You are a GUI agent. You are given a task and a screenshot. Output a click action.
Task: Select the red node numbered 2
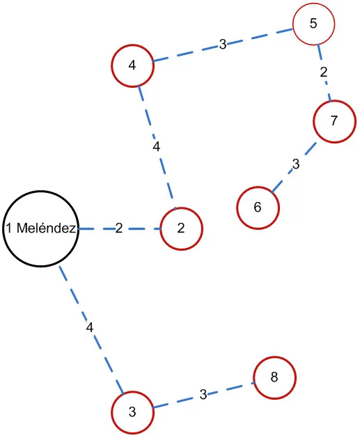point(181,228)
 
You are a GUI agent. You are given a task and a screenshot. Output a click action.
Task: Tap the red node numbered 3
point(132,412)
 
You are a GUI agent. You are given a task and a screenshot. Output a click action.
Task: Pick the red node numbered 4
point(132,66)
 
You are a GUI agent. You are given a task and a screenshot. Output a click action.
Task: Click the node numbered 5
point(313,24)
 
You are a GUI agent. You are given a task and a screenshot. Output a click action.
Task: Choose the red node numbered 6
point(258,208)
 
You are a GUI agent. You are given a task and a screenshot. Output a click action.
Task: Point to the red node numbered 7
point(334,120)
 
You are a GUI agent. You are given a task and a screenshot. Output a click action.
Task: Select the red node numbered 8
point(274,377)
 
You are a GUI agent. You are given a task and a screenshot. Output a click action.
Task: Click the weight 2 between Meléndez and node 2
point(119,228)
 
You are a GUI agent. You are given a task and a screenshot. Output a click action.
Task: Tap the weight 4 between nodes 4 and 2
point(156,146)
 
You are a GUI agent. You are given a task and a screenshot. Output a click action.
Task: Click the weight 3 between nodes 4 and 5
point(222,45)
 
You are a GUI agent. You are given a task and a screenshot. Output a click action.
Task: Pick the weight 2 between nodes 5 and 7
point(324,72)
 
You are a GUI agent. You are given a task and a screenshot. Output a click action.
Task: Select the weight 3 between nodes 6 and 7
point(296,165)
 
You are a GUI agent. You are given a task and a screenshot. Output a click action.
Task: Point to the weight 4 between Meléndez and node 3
point(89,327)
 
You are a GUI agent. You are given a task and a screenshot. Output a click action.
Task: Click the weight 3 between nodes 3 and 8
point(203,395)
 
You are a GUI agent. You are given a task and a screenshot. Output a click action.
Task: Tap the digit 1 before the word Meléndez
point(8,229)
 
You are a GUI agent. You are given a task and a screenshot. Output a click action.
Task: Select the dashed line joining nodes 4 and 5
point(188,52)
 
